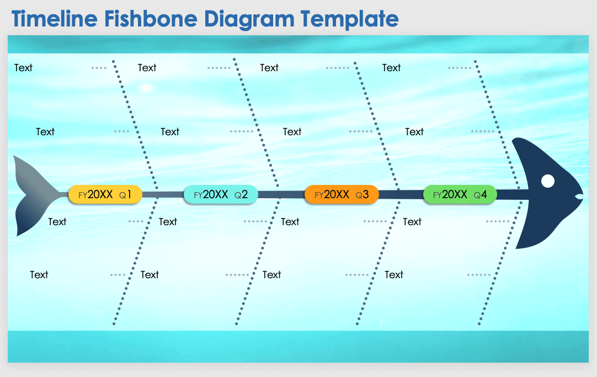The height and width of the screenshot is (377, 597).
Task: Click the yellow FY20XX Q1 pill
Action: tap(105, 195)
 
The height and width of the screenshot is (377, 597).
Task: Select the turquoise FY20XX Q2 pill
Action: tap(220, 195)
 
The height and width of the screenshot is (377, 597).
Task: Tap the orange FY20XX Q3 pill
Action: tap(341, 195)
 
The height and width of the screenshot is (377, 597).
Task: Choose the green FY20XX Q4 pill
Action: tap(460, 195)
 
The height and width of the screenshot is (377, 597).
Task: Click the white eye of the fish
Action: tap(547, 181)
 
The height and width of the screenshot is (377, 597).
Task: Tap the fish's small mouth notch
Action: tap(579, 197)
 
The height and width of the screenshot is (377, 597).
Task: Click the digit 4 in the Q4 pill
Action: tap(484, 195)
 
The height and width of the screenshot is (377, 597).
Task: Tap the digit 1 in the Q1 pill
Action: tap(129, 195)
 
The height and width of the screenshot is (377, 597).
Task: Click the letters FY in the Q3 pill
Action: tap(319, 195)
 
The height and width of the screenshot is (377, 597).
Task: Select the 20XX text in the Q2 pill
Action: tap(215, 195)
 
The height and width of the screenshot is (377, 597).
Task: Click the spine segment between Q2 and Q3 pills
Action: tap(281, 194)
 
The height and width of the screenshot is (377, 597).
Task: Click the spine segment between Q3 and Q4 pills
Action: tap(400, 194)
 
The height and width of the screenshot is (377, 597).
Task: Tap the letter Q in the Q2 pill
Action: tap(237, 195)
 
